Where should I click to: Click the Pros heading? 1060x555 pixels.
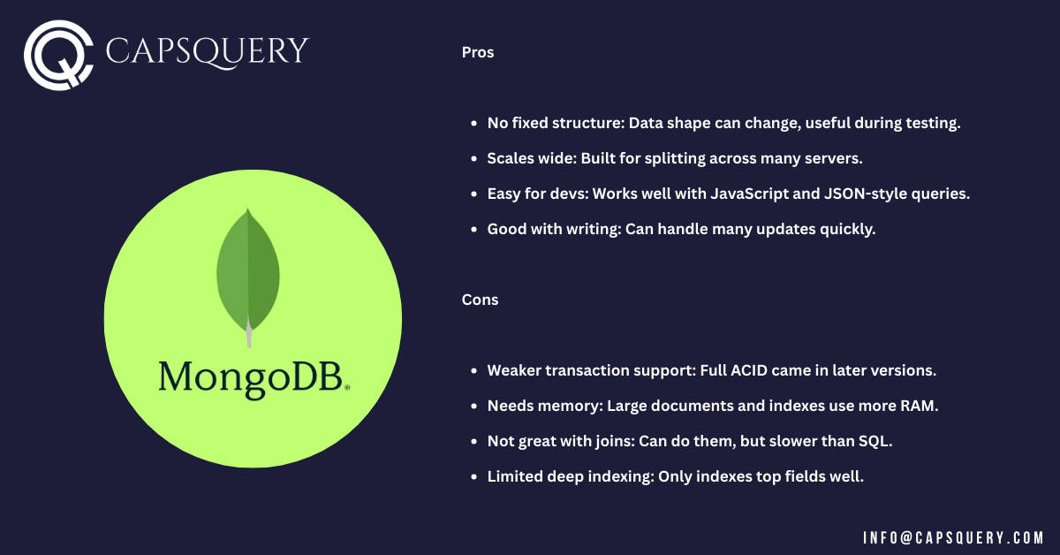(x=478, y=52)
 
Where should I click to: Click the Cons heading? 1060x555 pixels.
(x=480, y=300)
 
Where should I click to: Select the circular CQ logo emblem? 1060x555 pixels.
(x=59, y=55)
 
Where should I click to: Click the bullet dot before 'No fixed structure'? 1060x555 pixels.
(x=475, y=124)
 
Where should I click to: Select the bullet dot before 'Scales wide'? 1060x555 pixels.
(x=475, y=159)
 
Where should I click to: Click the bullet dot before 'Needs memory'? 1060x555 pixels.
(x=475, y=407)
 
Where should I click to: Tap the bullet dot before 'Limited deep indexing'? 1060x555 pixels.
(x=475, y=477)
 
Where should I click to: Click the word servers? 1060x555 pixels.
(x=831, y=158)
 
